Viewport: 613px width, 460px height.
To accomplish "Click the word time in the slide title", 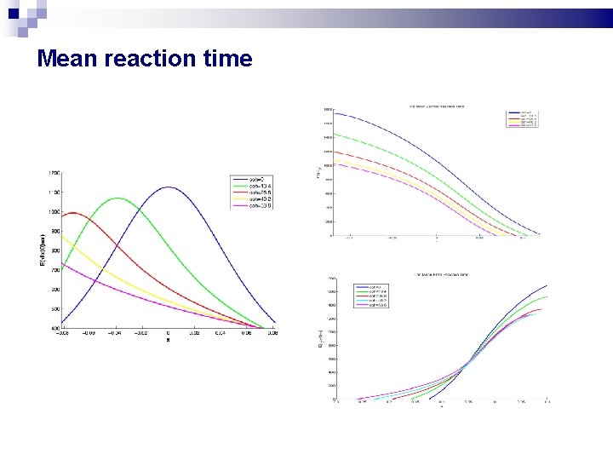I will (x=226, y=59).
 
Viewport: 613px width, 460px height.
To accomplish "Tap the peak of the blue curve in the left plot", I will (x=168, y=187).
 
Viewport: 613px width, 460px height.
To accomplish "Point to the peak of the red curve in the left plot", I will (x=73, y=212).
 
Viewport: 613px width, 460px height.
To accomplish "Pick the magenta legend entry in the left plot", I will (x=251, y=205).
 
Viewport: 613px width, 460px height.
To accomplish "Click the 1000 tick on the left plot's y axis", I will (x=54, y=212).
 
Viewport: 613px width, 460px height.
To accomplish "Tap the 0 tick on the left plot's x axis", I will (x=168, y=334).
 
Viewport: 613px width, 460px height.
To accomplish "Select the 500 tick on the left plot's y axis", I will (x=54, y=309).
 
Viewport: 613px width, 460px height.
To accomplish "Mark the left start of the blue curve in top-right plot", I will (x=334, y=113).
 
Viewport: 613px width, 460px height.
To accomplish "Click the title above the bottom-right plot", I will (x=441, y=275).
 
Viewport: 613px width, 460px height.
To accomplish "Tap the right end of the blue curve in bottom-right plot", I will (x=547, y=285).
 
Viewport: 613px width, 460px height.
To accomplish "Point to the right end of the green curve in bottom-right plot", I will (x=547, y=296).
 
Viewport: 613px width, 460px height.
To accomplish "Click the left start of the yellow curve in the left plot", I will (x=62, y=236).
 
